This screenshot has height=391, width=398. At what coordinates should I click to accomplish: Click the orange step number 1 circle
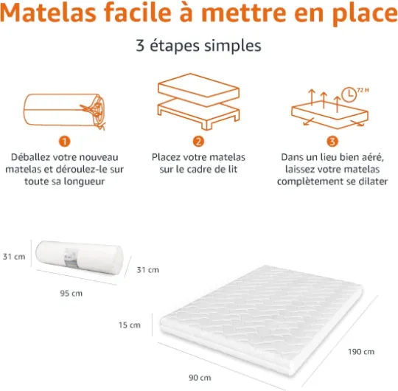click(64, 142)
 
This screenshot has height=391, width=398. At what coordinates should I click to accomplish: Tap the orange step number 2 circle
click(198, 142)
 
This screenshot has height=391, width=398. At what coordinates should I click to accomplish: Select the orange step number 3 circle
click(332, 142)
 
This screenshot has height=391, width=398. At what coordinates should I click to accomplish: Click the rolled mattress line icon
click(64, 111)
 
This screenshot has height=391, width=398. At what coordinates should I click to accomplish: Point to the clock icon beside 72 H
click(349, 94)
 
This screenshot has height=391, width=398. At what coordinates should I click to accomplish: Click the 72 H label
click(363, 90)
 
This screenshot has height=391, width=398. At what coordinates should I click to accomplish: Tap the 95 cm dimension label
click(71, 294)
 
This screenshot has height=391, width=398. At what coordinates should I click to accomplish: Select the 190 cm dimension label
click(361, 352)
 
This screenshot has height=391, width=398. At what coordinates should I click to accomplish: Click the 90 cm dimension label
click(200, 378)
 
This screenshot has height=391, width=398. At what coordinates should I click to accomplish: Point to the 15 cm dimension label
click(130, 325)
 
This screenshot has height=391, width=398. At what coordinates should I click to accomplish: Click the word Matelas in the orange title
click(48, 13)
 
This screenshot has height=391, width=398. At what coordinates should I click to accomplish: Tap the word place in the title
click(365, 14)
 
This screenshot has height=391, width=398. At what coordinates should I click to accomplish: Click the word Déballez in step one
click(31, 157)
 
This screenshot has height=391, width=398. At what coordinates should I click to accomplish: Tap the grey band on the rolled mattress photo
click(71, 257)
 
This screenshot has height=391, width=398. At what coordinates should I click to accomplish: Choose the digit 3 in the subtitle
click(140, 46)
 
